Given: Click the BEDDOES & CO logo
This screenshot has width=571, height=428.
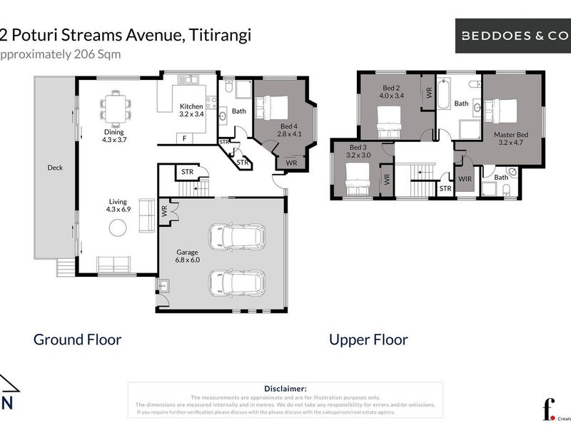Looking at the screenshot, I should [512, 34].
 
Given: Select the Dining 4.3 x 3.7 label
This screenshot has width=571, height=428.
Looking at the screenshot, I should [114, 136].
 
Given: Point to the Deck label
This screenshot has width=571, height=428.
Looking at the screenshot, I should [55, 168].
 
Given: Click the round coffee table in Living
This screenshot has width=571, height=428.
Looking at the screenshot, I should [117, 228].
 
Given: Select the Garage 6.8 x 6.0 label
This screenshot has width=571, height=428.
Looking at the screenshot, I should [188, 256].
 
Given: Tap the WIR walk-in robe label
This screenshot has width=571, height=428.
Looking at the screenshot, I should [465, 178].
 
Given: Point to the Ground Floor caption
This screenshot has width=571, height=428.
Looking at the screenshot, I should [77, 340].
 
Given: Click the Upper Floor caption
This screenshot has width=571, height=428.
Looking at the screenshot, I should [368, 340].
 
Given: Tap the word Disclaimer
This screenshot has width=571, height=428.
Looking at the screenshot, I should [285, 388].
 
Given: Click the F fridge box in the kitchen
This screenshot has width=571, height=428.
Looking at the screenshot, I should [185, 138].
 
